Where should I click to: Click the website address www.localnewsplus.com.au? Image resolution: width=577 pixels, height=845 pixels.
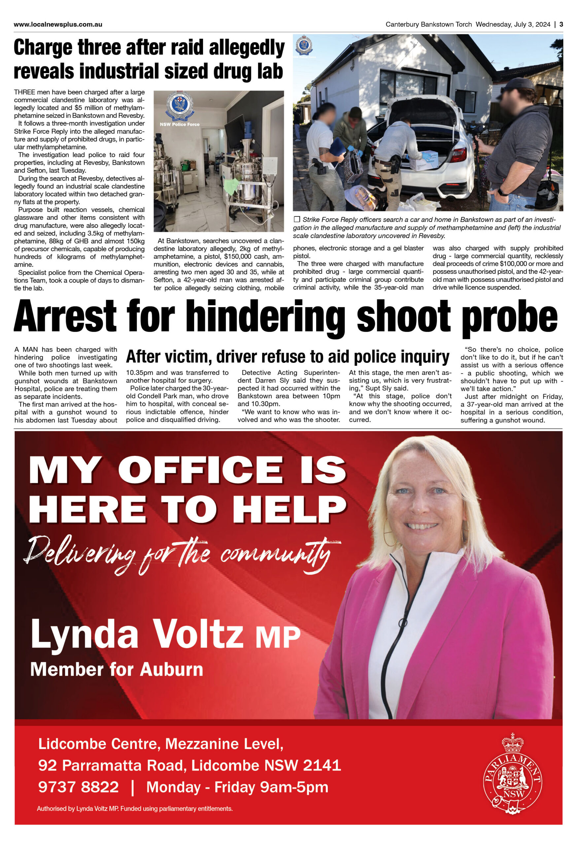pos(58,24)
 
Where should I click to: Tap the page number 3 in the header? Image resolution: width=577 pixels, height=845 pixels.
pos(561,24)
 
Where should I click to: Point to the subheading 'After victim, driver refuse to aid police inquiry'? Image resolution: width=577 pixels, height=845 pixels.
pos(288,357)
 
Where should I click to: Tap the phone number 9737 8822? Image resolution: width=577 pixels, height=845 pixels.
pos(79,787)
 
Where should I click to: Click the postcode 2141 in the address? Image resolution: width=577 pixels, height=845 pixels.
pos(322,765)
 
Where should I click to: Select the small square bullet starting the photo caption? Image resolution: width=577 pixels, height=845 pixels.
pos(297,219)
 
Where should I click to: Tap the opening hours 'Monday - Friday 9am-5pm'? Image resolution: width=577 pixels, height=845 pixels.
pos(237,787)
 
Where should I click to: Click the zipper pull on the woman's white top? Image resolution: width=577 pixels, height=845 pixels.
pos(402,623)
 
